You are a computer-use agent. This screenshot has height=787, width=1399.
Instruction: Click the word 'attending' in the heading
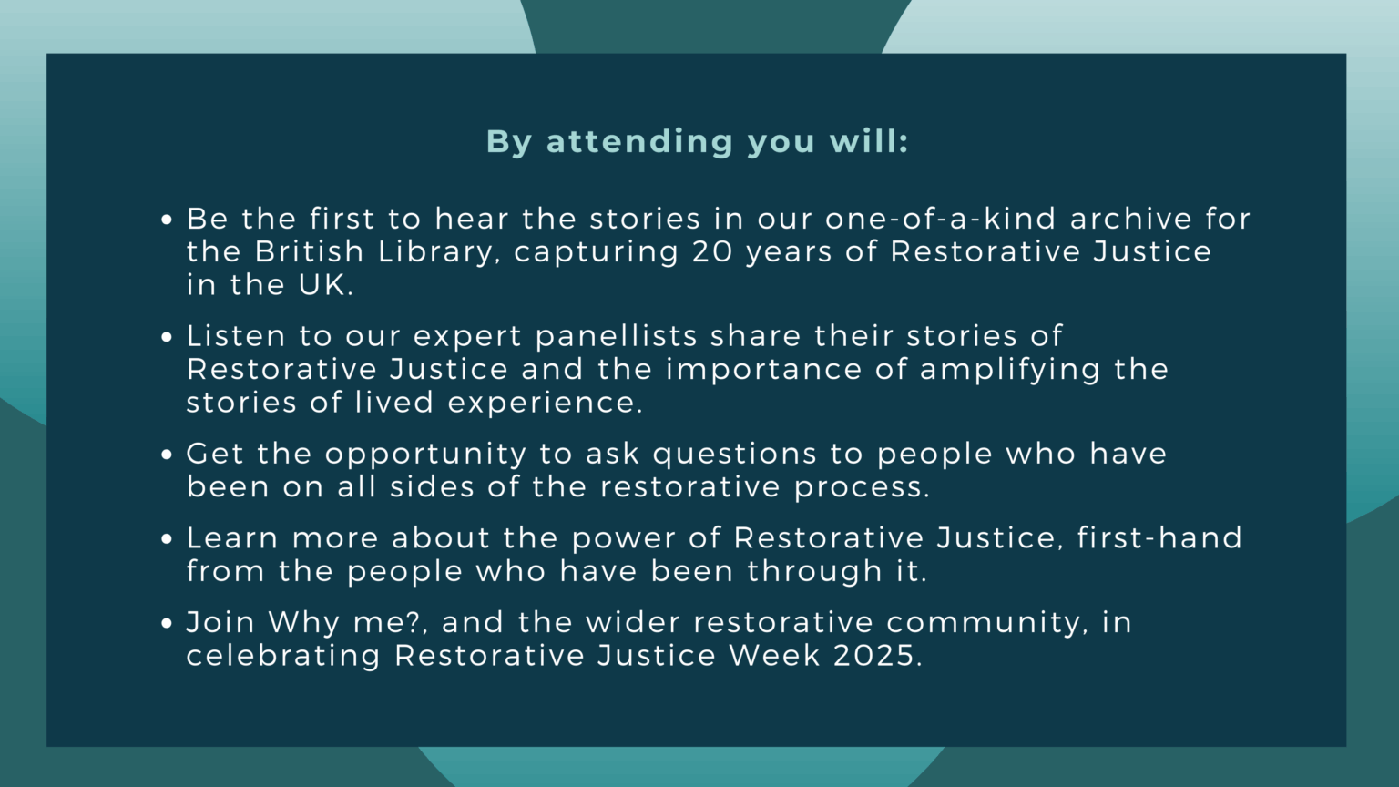point(639,142)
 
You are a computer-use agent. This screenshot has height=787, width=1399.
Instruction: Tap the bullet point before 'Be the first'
point(166,220)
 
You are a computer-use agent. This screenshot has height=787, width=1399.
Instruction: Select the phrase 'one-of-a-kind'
point(941,219)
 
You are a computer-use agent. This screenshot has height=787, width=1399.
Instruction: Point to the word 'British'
point(309,252)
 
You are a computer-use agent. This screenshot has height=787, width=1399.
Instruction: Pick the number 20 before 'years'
point(712,252)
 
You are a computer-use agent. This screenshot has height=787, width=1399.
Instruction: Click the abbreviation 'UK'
point(322,285)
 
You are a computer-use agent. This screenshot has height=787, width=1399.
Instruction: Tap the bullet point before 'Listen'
point(166,338)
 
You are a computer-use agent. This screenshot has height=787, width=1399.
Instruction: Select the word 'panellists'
point(616,336)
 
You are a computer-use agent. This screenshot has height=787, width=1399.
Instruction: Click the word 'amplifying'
point(1010,370)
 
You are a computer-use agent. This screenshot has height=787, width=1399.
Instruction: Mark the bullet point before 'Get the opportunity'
point(166,455)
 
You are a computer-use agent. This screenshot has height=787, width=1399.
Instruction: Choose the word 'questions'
point(734,455)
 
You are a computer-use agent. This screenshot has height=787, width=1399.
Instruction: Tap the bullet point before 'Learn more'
point(166,539)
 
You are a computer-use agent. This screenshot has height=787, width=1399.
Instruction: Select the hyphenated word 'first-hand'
point(1159,538)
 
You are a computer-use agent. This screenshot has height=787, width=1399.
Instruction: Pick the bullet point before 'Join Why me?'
point(166,624)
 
